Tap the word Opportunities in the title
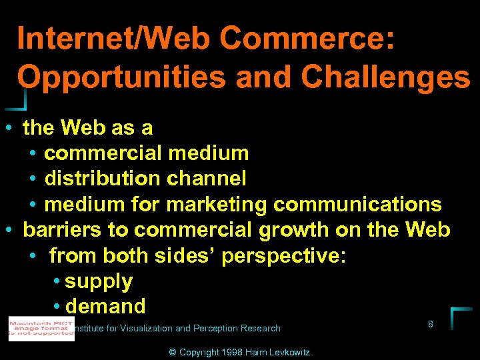coord(121,78)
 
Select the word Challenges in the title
coord(385,78)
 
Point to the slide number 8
coord(431,325)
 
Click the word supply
coord(99,281)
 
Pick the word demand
coord(106,307)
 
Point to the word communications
coord(357,204)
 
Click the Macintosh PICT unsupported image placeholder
coord(41,329)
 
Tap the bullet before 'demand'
coord(57,307)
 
